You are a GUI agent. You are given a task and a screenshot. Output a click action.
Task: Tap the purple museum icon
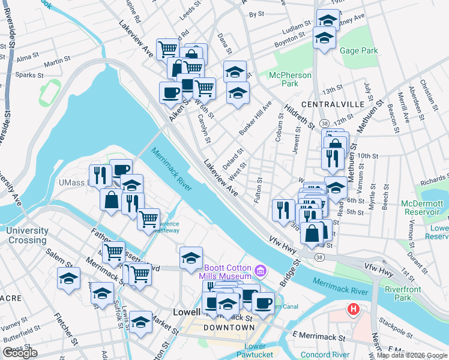(259, 271)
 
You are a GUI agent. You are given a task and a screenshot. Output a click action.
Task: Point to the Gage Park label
(358, 51)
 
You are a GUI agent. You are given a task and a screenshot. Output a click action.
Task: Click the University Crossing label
(28, 235)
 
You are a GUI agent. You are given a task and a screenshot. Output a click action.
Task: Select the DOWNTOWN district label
(229, 328)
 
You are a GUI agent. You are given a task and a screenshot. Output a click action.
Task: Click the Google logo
(20, 353)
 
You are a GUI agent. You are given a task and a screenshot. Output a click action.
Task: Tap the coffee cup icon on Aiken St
(170, 92)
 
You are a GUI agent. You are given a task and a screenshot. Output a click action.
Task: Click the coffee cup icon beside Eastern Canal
(263, 303)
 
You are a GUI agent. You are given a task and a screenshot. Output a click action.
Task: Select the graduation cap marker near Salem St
(69, 278)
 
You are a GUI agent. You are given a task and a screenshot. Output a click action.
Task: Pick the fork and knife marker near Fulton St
(283, 209)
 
